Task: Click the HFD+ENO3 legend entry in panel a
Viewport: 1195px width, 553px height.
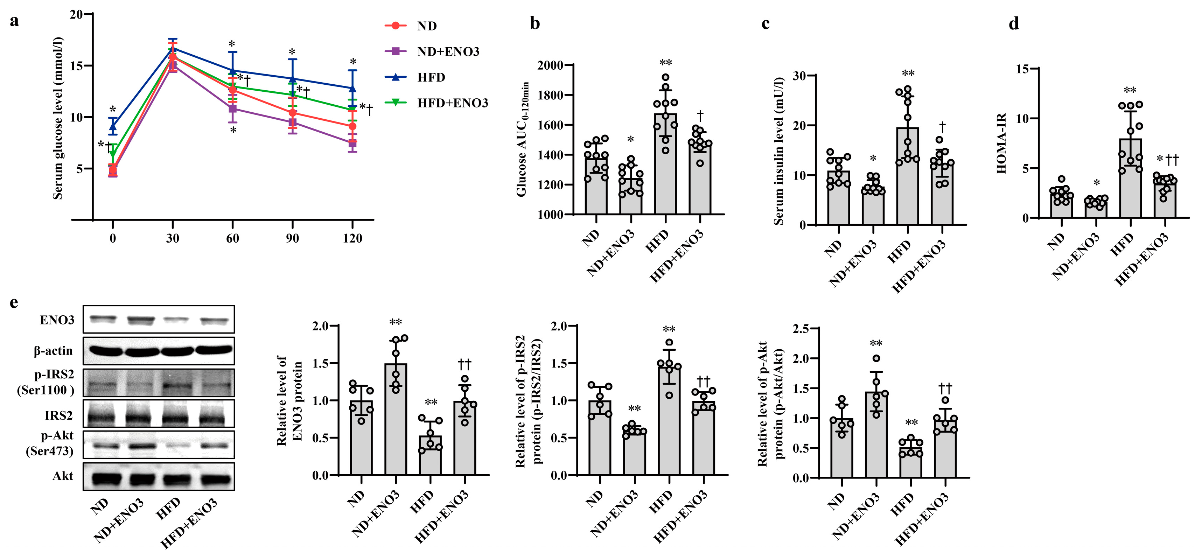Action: pyautogui.click(x=452, y=103)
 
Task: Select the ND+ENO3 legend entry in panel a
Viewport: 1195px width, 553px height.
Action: pyautogui.click(x=448, y=51)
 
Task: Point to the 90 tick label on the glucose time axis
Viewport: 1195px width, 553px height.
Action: pyautogui.click(x=292, y=238)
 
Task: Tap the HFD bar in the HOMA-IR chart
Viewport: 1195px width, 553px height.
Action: pyautogui.click(x=1131, y=178)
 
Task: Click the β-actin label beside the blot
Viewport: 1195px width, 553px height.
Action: pyautogui.click(x=53, y=351)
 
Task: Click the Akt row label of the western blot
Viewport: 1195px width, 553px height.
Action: pyautogui.click(x=63, y=476)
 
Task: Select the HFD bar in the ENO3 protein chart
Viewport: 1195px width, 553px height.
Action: pyautogui.click(x=431, y=455)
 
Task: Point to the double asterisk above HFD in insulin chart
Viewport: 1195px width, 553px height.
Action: pyautogui.click(x=908, y=73)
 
